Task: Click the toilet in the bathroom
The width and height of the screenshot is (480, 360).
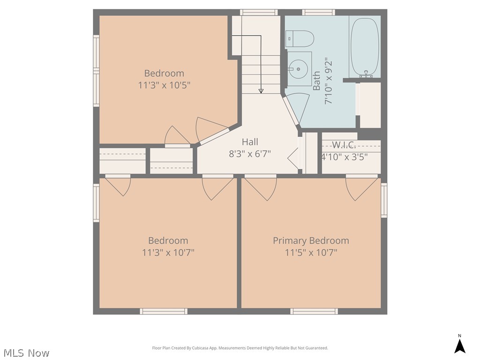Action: (300, 38)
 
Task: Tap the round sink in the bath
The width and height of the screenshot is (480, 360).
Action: (298, 69)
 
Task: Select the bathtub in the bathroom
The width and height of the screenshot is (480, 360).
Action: (365, 47)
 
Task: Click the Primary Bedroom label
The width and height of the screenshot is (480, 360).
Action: (311, 240)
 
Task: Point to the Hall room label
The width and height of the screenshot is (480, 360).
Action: (250, 142)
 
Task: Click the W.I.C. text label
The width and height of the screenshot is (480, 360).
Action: (344, 144)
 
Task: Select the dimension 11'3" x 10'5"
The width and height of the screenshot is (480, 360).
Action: (164, 85)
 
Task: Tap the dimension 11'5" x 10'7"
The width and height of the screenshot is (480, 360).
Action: (311, 253)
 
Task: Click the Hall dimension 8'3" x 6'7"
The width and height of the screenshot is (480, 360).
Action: (250, 154)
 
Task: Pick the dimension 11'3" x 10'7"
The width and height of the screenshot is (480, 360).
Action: (168, 253)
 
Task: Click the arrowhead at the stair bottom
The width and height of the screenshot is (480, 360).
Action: (261, 91)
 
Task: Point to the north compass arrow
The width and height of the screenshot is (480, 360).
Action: (459, 346)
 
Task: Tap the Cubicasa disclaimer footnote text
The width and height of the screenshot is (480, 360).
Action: (240, 348)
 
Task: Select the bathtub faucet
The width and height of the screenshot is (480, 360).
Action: (366, 74)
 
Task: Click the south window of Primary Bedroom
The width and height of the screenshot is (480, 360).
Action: (314, 311)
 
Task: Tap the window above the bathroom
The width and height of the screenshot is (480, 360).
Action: (318, 12)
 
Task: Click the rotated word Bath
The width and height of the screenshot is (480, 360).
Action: (316, 81)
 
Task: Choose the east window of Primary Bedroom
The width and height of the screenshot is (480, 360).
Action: (384, 200)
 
